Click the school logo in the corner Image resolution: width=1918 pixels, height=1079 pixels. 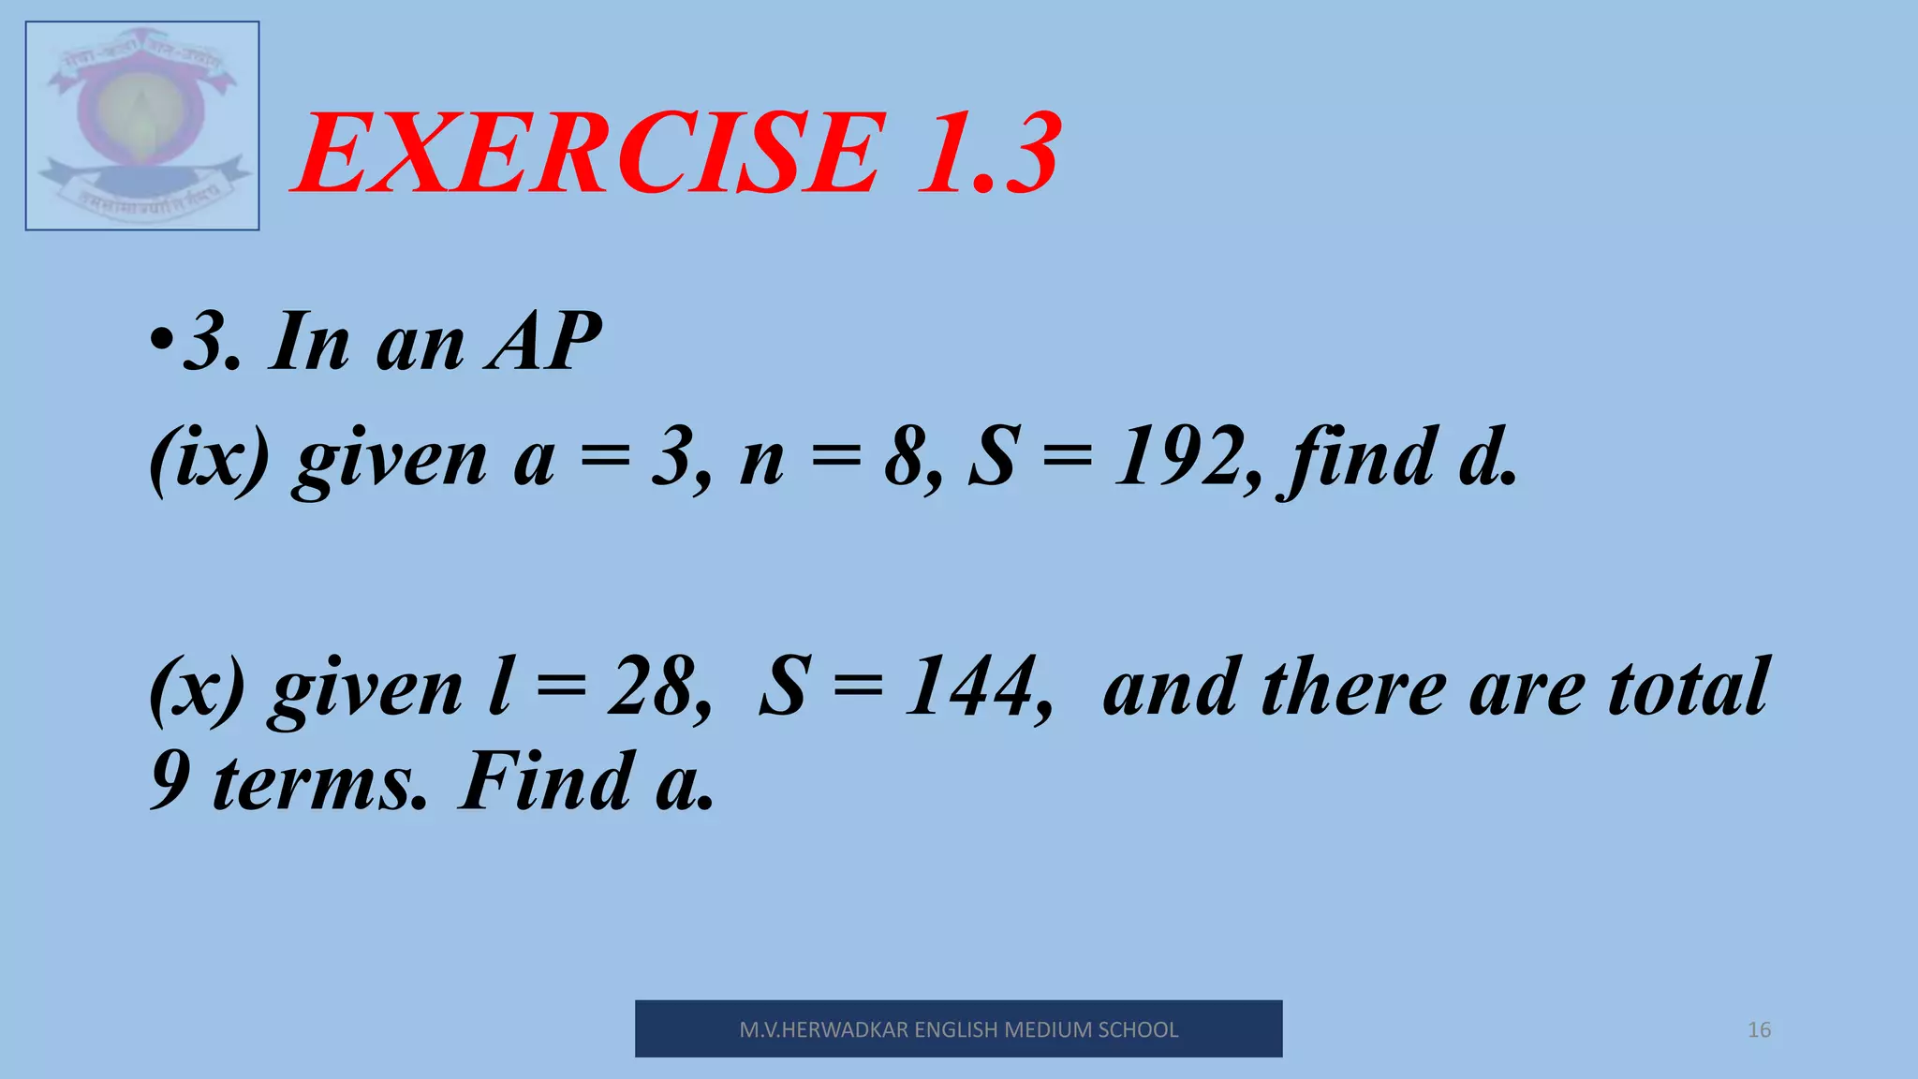[x=142, y=126]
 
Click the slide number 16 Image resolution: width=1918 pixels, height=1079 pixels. [x=1759, y=1030]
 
